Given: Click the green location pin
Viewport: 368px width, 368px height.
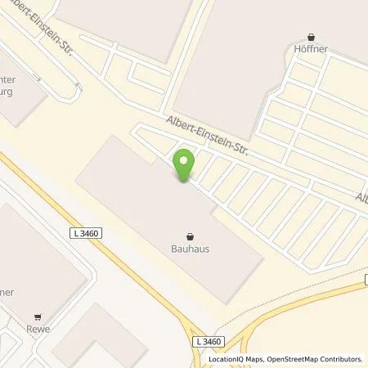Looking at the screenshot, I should pos(185,164).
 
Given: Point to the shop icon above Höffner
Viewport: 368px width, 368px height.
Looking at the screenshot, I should pos(312,36).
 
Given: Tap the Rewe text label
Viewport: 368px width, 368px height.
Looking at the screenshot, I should pos(38,330).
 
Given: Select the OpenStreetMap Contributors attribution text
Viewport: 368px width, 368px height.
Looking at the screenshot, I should pos(313,358).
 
